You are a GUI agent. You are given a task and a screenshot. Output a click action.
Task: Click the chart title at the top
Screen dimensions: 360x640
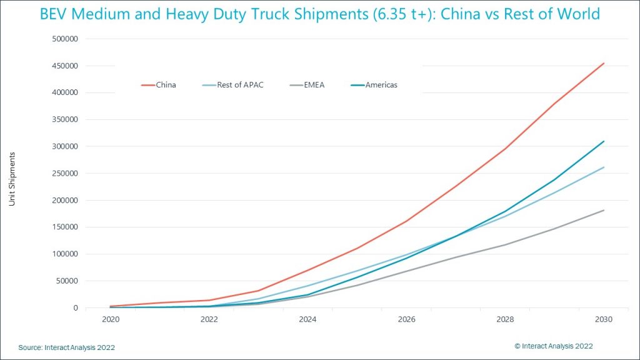point(319,14)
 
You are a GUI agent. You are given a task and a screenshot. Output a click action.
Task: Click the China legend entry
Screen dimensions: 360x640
point(159,84)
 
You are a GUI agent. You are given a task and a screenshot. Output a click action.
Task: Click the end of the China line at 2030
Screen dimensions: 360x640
point(604,63)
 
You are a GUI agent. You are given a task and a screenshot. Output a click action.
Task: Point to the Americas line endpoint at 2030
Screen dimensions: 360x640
point(604,141)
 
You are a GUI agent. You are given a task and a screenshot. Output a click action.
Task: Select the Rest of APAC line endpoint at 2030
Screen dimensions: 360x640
point(604,167)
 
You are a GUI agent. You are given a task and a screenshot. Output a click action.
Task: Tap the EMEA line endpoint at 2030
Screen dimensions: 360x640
point(604,210)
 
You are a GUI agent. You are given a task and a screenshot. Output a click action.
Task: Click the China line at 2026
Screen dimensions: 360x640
point(406,221)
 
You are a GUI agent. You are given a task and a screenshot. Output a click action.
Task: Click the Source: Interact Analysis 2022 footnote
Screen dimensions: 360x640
point(66,347)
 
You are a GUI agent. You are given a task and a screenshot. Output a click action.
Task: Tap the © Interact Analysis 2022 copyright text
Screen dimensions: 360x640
point(554,346)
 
